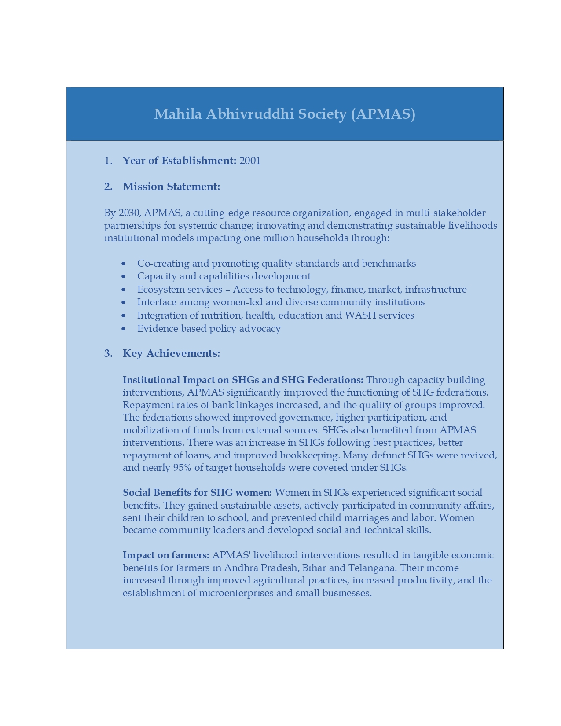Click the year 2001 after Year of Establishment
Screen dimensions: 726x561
click(250, 161)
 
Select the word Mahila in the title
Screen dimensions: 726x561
click(178, 114)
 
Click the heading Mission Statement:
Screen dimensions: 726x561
click(171, 187)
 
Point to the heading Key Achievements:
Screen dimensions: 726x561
click(171, 353)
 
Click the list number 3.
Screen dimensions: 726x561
click(108, 353)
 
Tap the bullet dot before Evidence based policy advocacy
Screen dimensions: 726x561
click(124, 329)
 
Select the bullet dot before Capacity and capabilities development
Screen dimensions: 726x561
click(124, 276)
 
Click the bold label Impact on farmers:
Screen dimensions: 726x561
click(166, 555)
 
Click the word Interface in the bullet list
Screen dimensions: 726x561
click(157, 302)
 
